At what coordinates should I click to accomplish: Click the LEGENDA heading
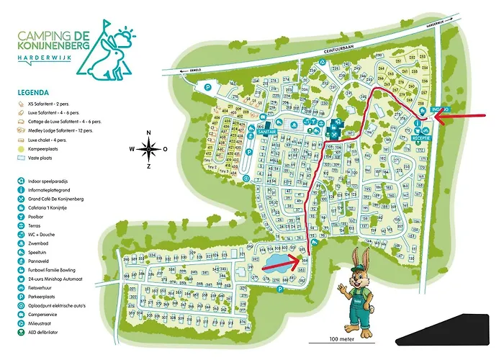tap(34, 93)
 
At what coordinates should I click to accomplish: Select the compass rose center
tap(148, 150)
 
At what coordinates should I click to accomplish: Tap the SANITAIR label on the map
tap(264, 132)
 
